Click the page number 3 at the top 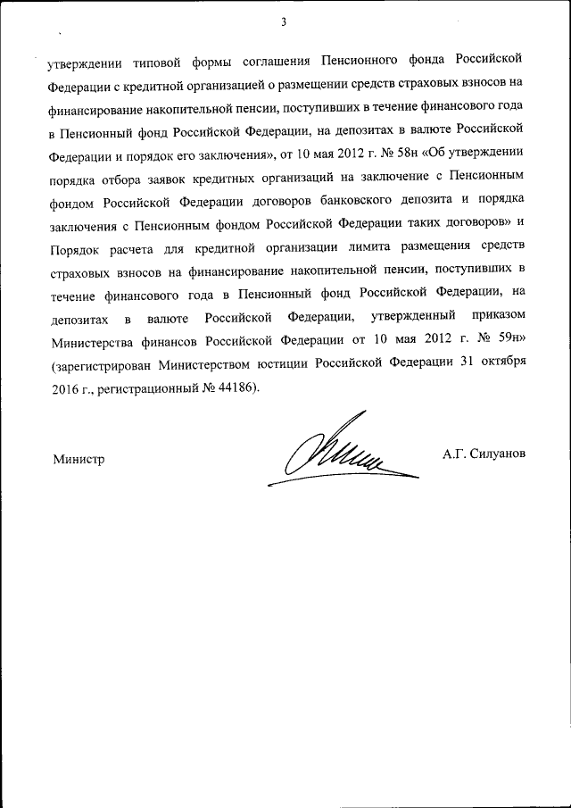click(x=283, y=22)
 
